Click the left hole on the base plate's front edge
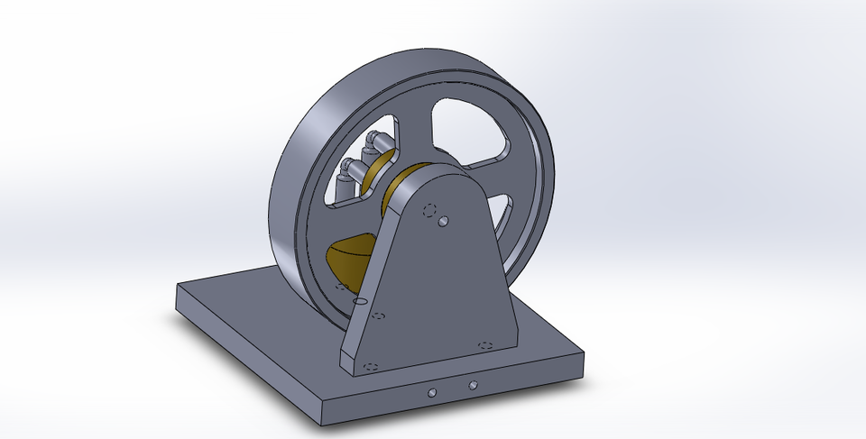coord(432,392)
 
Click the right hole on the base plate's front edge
coord(473,386)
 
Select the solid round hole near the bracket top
coord(443,220)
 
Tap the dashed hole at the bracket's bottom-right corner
coord(484,345)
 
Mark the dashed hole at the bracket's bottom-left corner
coord(369,366)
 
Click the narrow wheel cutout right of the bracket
coord(502,216)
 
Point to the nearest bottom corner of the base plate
coord(322,422)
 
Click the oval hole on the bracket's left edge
coord(361,299)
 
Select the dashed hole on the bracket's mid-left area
coord(379,316)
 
